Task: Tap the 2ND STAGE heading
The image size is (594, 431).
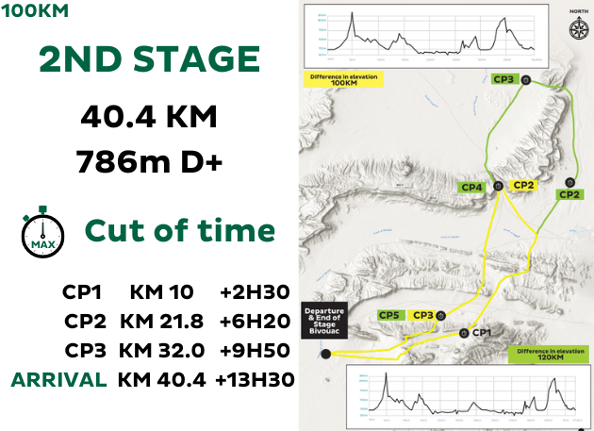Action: coord(150,60)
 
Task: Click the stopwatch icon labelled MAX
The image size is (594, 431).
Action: coord(42,230)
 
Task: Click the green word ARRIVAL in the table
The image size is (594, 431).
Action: coord(58,380)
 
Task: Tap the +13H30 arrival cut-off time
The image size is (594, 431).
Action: coord(255,380)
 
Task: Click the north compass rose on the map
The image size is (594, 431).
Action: coord(577,27)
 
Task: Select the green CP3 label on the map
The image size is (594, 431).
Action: coord(503,80)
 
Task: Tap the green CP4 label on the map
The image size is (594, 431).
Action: coord(473,188)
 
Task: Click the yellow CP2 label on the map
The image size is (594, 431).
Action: coord(522,185)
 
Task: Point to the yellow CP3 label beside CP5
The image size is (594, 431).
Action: coord(424,315)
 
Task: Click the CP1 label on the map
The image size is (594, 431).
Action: coord(482,332)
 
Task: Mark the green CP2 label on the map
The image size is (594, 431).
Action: coord(569,195)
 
